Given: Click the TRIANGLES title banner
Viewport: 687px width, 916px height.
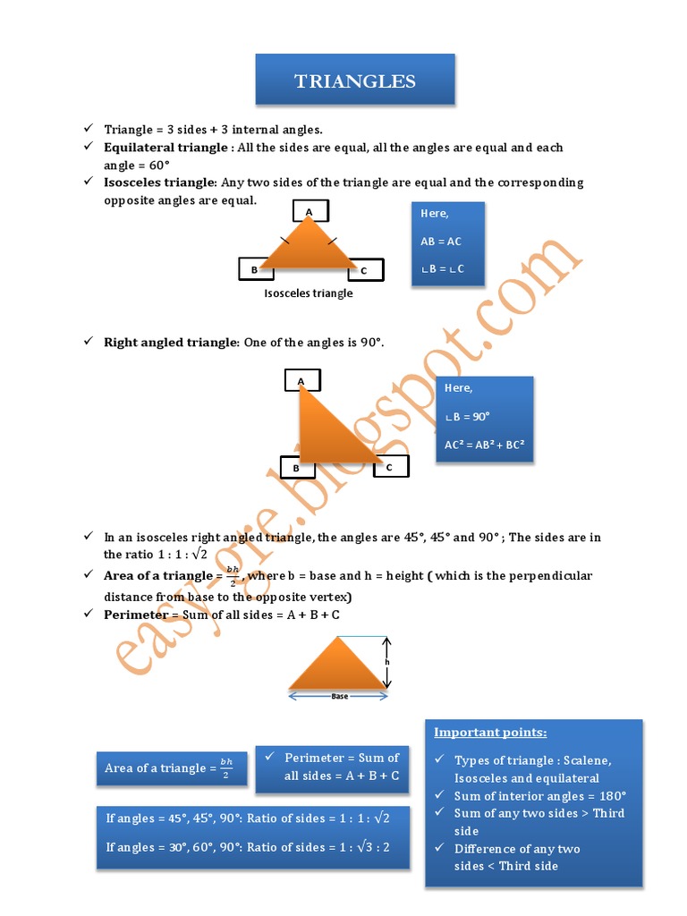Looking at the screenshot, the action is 355,81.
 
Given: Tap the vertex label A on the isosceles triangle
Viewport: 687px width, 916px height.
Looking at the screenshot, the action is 309,212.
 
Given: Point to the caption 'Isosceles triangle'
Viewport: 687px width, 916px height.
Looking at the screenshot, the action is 309,293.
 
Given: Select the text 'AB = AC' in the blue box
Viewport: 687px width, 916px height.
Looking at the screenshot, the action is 441,242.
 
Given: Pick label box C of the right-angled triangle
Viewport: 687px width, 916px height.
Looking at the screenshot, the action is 390,467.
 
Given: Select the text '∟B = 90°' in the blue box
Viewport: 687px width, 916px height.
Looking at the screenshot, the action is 468,417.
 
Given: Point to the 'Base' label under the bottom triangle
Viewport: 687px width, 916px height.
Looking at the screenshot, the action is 339,695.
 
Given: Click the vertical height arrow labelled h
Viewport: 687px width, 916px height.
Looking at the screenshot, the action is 386,663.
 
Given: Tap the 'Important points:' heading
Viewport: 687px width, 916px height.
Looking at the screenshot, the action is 490,733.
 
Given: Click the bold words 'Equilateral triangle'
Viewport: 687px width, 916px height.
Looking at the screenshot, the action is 165,148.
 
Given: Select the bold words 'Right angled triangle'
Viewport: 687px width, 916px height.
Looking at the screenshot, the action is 170,343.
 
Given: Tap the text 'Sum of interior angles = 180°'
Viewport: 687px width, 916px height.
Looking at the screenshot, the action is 539,796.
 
